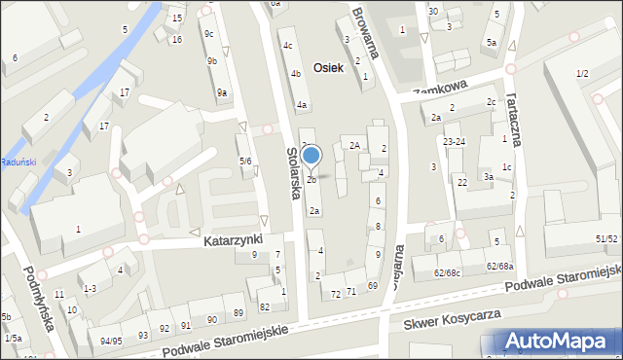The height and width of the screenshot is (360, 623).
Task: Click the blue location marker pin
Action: [x=311, y=156]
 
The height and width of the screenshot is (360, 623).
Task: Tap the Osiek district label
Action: [x=332, y=68]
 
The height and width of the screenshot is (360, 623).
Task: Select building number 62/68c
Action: [x=449, y=272]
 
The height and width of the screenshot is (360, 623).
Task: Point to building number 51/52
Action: [x=606, y=238]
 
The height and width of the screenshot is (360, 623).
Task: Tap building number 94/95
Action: [x=111, y=342]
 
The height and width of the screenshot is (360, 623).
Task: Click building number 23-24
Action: [x=454, y=142]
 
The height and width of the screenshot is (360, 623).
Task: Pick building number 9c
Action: [x=209, y=34]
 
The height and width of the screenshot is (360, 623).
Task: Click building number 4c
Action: [x=287, y=46]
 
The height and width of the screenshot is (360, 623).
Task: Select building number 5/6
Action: [x=245, y=161]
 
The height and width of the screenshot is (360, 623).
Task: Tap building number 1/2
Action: [x=582, y=74]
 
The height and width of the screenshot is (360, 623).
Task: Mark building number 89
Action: [x=238, y=312]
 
